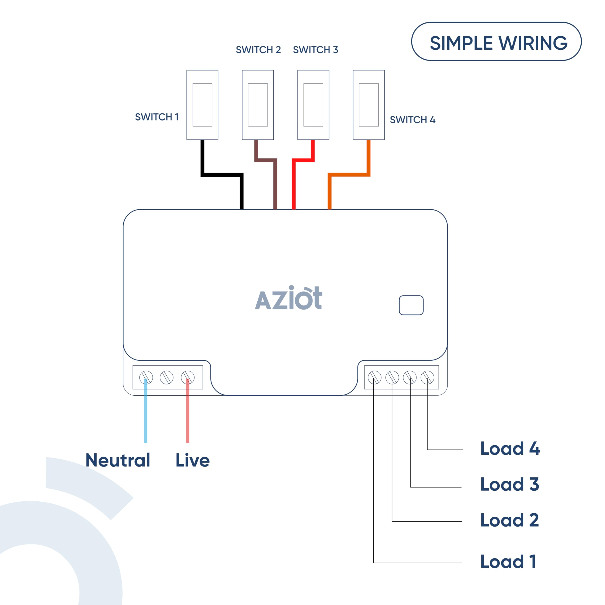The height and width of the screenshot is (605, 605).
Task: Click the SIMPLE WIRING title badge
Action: point(496,42)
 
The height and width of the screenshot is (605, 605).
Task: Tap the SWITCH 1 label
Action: point(157,117)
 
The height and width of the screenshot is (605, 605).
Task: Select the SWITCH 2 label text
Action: point(258,49)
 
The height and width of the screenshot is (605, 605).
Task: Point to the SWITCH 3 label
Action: point(315,49)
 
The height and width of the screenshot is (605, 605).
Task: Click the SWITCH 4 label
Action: point(412,120)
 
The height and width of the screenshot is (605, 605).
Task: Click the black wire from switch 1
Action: point(222,174)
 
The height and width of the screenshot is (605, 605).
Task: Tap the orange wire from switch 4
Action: point(349,174)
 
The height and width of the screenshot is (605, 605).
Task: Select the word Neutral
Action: point(118,460)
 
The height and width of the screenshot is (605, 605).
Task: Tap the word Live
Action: point(192,460)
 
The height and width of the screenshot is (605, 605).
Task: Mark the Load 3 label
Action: point(510,484)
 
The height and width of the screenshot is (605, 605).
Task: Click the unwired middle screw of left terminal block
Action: point(167,377)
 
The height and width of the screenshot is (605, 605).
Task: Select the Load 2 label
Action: point(510,520)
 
